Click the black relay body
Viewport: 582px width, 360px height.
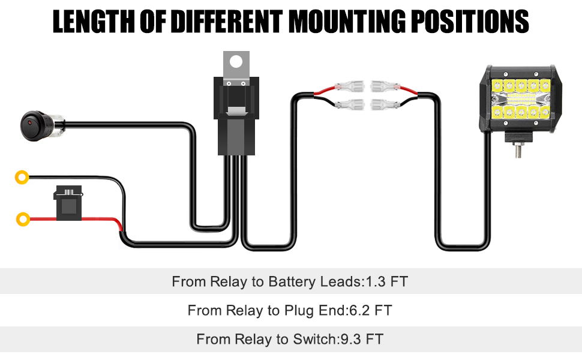click(x=239, y=120)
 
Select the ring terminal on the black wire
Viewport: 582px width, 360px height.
click(x=22, y=177)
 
